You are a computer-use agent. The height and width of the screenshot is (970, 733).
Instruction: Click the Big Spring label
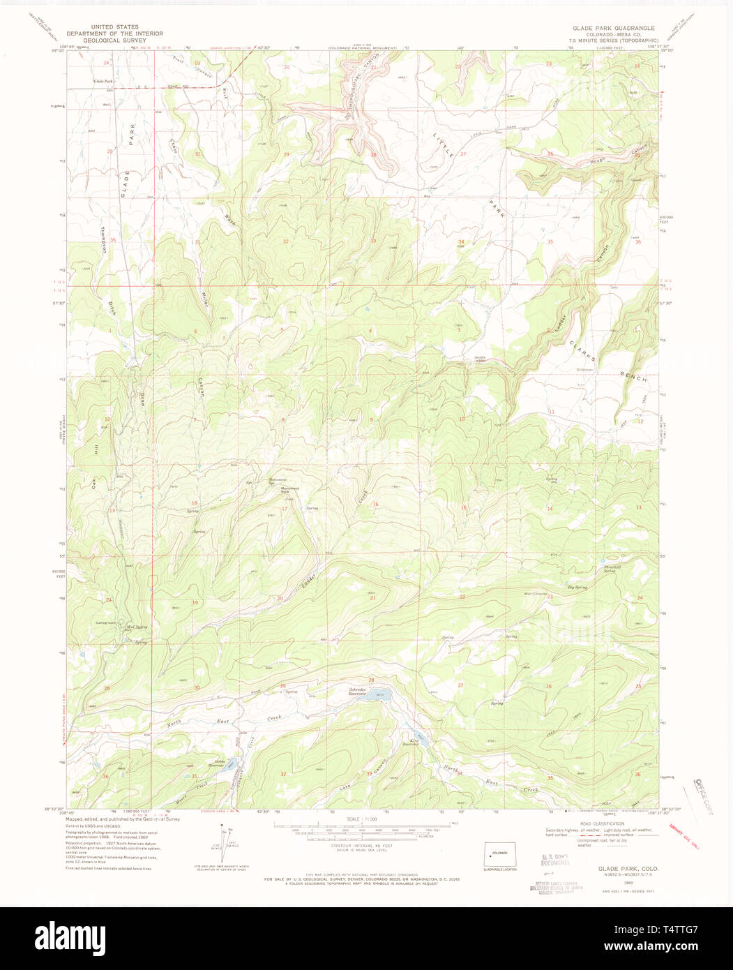pyautogui.click(x=577, y=588)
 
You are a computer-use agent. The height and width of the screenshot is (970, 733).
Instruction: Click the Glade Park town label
pyautogui.click(x=103, y=82)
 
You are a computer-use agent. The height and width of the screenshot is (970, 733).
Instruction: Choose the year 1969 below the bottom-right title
pyautogui.click(x=617, y=882)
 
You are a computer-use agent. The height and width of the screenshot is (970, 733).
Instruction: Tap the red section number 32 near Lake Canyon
pyautogui.click(x=283, y=774)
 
